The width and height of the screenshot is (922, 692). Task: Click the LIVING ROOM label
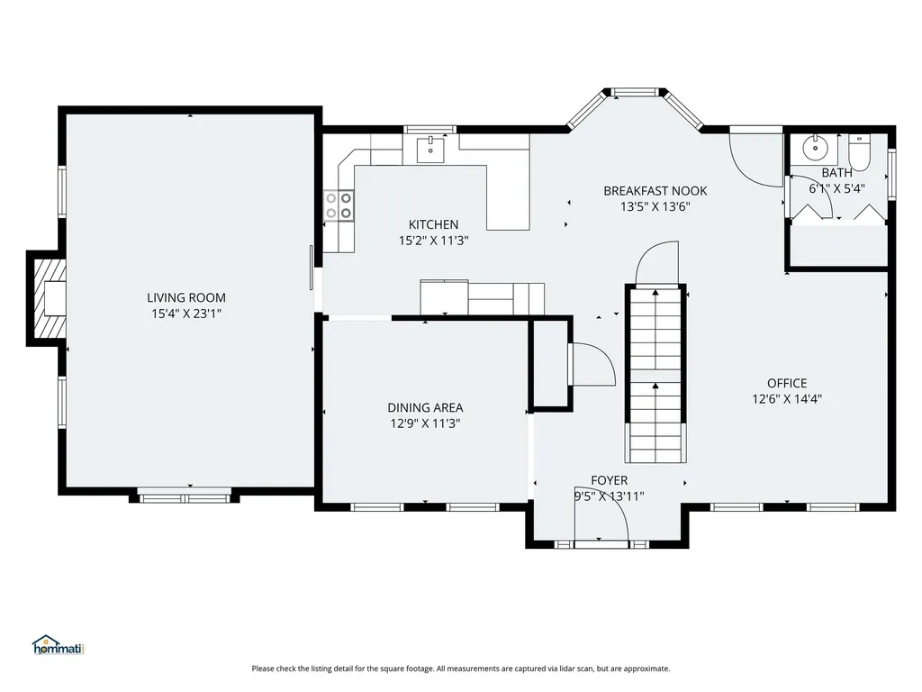[185, 297]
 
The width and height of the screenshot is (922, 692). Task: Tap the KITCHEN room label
[433, 224]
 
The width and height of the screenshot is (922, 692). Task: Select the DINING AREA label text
[425, 407]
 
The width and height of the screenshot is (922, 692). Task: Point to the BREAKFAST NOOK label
[655, 191]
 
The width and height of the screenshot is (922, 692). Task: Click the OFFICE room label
[787, 383]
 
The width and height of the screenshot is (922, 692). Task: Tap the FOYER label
[610, 480]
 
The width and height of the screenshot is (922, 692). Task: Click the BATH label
[836, 172]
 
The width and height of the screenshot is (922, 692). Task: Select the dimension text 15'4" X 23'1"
[186, 314]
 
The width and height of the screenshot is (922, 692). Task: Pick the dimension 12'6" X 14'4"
[787, 399]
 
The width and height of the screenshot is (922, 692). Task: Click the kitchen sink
[431, 149]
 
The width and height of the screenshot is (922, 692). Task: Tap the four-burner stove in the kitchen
[339, 206]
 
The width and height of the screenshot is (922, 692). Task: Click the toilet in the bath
[859, 152]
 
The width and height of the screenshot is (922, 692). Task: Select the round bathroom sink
[814, 150]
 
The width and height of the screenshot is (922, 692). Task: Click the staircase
[655, 375]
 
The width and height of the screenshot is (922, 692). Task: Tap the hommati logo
[59, 645]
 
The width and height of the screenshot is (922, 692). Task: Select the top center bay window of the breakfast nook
[636, 93]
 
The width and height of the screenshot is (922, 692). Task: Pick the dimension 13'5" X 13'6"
[655, 206]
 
